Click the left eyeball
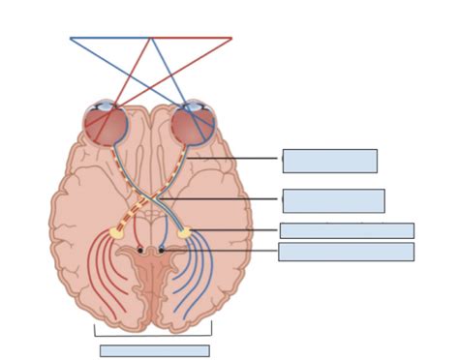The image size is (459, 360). (x=106, y=126)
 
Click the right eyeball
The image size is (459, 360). (x=193, y=126)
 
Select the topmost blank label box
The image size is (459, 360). (x=329, y=161)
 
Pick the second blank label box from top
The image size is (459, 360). (x=333, y=200)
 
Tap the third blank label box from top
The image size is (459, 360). (x=347, y=230)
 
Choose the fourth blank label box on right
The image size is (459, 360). (x=346, y=252)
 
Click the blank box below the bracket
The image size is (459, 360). (x=154, y=350)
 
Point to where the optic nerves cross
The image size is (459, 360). (x=150, y=199)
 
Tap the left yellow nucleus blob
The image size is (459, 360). (x=117, y=232)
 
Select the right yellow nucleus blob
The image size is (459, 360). (x=184, y=232)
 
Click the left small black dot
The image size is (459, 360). (x=140, y=250)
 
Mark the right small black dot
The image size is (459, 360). (x=162, y=250)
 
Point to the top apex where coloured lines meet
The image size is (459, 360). (x=150, y=39)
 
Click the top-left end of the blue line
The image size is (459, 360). (x=71, y=39)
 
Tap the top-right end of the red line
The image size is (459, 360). (x=231, y=39)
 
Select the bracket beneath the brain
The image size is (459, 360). (x=153, y=334)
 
